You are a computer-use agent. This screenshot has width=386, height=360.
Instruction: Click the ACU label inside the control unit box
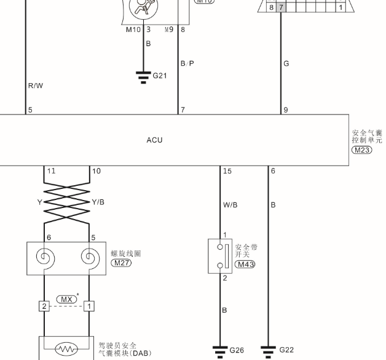pos(154,140)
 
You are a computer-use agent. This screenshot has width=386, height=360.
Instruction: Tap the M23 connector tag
pos(361,150)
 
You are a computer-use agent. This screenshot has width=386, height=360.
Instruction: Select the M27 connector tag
pos(121,263)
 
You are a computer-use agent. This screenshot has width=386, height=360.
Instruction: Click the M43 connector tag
pos(245,264)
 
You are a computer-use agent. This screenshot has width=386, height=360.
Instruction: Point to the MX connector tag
pos(66,299)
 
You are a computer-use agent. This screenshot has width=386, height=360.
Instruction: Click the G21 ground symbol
pos(143,78)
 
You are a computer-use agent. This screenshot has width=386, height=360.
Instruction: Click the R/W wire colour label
pos(36,86)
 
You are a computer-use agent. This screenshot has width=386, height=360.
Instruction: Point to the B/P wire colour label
pos(187,63)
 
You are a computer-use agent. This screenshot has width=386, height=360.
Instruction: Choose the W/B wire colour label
pos(230,205)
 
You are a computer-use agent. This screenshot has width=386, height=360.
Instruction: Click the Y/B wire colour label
pos(98,202)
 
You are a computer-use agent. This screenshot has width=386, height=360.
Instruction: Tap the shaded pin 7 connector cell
pos(281,7)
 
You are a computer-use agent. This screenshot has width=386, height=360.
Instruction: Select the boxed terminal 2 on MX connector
pos(44,306)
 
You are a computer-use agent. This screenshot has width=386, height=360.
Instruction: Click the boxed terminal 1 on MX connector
pos(89,306)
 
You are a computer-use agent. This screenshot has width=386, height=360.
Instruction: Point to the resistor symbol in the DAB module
pos(66,349)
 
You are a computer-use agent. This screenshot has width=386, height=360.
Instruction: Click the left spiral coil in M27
pos(45,258)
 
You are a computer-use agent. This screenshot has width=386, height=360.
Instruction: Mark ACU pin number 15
pos(227,171)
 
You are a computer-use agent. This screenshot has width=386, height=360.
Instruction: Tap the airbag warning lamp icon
pos(143,6)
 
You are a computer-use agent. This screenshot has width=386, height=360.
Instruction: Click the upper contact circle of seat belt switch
pos(220,247)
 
